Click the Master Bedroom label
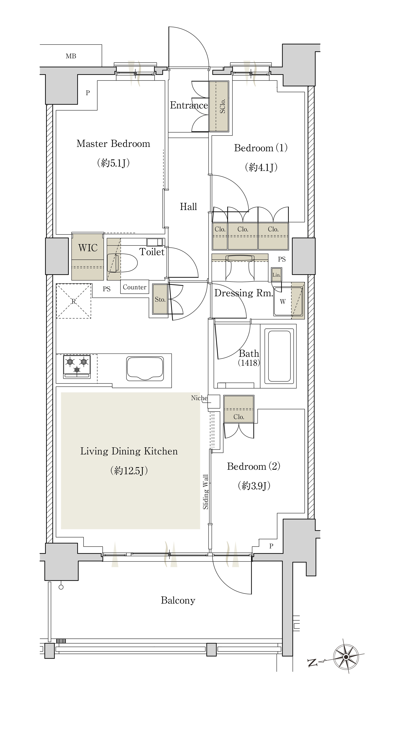point(113,144)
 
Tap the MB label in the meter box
point(71,56)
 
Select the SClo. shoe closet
point(219,107)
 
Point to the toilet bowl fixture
point(122,263)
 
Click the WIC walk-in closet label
point(88,248)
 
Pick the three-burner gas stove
point(77,367)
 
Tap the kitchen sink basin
point(145,369)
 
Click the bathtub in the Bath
point(279,355)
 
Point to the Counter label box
point(135,287)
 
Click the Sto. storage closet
point(160,299)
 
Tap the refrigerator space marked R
point(74,301)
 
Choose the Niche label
point(199,398)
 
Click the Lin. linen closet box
point(276,274)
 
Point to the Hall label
point(188,207)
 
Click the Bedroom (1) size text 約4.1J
point(261,167)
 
